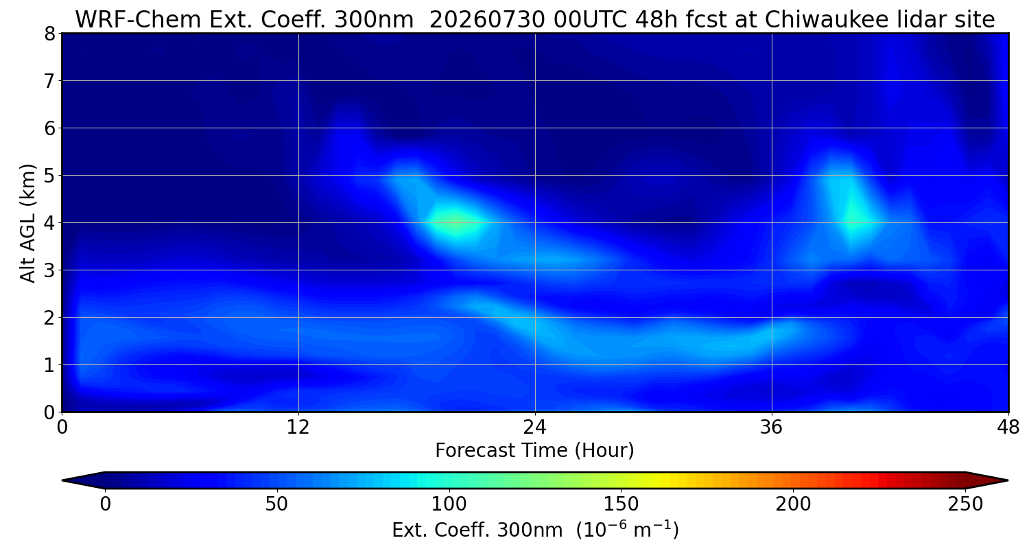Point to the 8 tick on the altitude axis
[x=49, y=34]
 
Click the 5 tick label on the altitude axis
[x=49, y=176]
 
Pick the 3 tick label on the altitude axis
[x=49, y=270]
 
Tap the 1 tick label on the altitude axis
[x=49, y=365]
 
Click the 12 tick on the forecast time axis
[x=298, y=428]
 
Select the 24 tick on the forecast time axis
[x=535, y=428]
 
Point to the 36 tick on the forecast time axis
[x=772, y=428]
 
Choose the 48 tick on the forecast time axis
[x=1008, y=428]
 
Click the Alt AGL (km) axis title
[x=27, y=223]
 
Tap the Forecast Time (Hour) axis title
[x=534, y=450]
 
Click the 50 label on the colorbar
[x=276, y=504]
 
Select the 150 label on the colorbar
[x=621, y=504]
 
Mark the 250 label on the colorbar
[x=965, y=504]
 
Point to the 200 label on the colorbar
[x=793, y=504]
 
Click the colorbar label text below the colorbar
[x=535, y=530]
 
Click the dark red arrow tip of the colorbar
[x=1007, y=480]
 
